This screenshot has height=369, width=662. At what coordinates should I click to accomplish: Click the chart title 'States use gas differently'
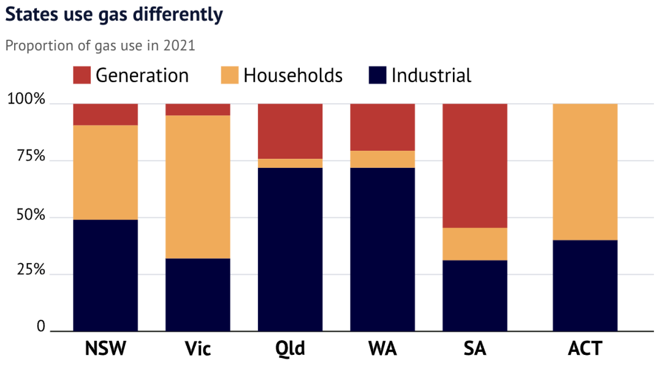113,15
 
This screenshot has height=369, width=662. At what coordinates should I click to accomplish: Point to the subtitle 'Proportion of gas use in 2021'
100,46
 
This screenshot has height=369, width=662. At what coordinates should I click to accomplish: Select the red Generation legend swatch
82,75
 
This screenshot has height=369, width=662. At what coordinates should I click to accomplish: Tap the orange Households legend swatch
229,75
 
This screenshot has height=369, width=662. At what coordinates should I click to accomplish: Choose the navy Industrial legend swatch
377,75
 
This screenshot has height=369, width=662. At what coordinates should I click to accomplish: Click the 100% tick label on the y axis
26,99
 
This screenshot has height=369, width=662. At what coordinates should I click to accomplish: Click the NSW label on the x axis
105,349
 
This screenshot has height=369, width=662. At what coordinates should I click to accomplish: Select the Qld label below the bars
290,349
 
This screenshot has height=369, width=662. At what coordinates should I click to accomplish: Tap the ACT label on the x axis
585,349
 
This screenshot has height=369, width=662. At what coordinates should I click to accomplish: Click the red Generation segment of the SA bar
475,165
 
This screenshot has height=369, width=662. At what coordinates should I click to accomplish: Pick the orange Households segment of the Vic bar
198,187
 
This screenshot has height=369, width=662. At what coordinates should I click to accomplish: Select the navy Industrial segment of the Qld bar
290,249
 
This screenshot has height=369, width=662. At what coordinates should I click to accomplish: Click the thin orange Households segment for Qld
290,163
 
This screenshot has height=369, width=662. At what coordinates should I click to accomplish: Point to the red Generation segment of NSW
105,115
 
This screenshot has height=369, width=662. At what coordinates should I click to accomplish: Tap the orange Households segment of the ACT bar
585,172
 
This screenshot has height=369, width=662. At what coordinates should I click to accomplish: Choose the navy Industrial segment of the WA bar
382,249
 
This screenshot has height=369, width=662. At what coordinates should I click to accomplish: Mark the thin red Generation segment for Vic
198,110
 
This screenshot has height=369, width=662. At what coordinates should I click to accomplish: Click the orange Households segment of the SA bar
475,244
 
